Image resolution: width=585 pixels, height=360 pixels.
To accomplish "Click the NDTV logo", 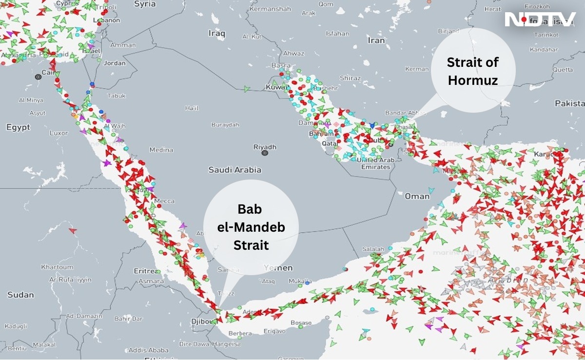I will point(540,20).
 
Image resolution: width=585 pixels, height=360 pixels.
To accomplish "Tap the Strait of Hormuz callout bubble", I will point(473,71).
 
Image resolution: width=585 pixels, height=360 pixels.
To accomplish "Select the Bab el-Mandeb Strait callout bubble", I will point(251,227).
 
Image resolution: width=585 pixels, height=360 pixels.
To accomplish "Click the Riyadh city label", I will point(265,147).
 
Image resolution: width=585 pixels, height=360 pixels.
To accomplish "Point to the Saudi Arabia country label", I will point(234,170).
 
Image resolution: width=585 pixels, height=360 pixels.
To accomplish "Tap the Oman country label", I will point(417,196).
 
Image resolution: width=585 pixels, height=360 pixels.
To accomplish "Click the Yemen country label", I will point(278,268).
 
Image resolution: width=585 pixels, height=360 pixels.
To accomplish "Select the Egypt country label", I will point(18,127).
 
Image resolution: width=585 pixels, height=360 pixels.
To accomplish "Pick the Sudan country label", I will point(20,295).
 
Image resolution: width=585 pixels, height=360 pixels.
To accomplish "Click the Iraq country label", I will point(217,33).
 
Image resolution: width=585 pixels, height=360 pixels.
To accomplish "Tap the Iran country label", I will point(376,40).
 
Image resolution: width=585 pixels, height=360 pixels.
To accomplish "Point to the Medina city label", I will point(161,150).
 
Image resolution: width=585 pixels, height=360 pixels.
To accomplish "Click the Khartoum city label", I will point(57,267).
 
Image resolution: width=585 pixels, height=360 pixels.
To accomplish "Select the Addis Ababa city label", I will point(149,350).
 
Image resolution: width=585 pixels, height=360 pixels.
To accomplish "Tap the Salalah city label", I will point(373,249).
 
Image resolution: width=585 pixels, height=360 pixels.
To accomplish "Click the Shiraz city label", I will point(350,78).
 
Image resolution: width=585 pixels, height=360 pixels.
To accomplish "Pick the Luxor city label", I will point(59,133).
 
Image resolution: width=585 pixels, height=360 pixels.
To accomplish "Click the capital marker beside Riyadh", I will point(265,153).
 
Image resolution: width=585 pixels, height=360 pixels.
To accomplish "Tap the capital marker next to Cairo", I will point(38,77).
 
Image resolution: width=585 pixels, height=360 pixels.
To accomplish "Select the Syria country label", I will point(145,4).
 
